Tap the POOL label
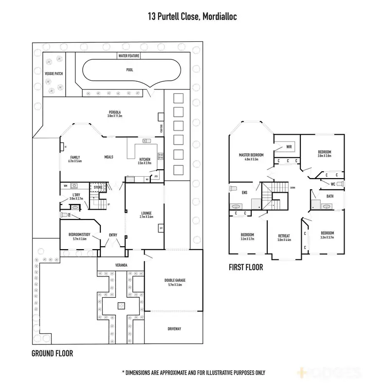pyautogui.click(x=129, y=70)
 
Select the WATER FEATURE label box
pyautogui.click(x=129, y=56)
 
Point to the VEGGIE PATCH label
pyautogui.click(x=54, y=74)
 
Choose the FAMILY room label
pyautogui.click(x=75, y=158)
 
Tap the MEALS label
pyautogui.click(x=109, y=157)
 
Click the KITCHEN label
pyautogui.click(x=145, y=160)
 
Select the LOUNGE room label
pyautogui.click(x=146, y=213)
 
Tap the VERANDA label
pyautogui.click(x=121, y=265)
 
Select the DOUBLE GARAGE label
pyautogui.click(x=176, y=281)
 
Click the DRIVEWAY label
pyautogui.click(x=174, y=329)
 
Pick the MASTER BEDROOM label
pyautogui.click(x=251, y=155)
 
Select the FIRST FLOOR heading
pyautogui.click(x=246, y=267)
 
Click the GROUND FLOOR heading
pyautogui.click(x=52, y=353)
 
